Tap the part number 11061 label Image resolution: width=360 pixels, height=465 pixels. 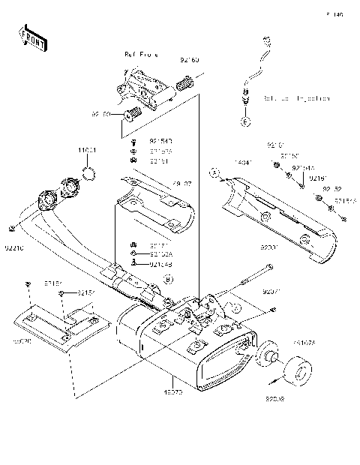coord(88,151)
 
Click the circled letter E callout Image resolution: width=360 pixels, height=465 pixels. coord(244,120)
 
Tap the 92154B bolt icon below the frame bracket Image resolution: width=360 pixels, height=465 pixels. coord(133,140)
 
